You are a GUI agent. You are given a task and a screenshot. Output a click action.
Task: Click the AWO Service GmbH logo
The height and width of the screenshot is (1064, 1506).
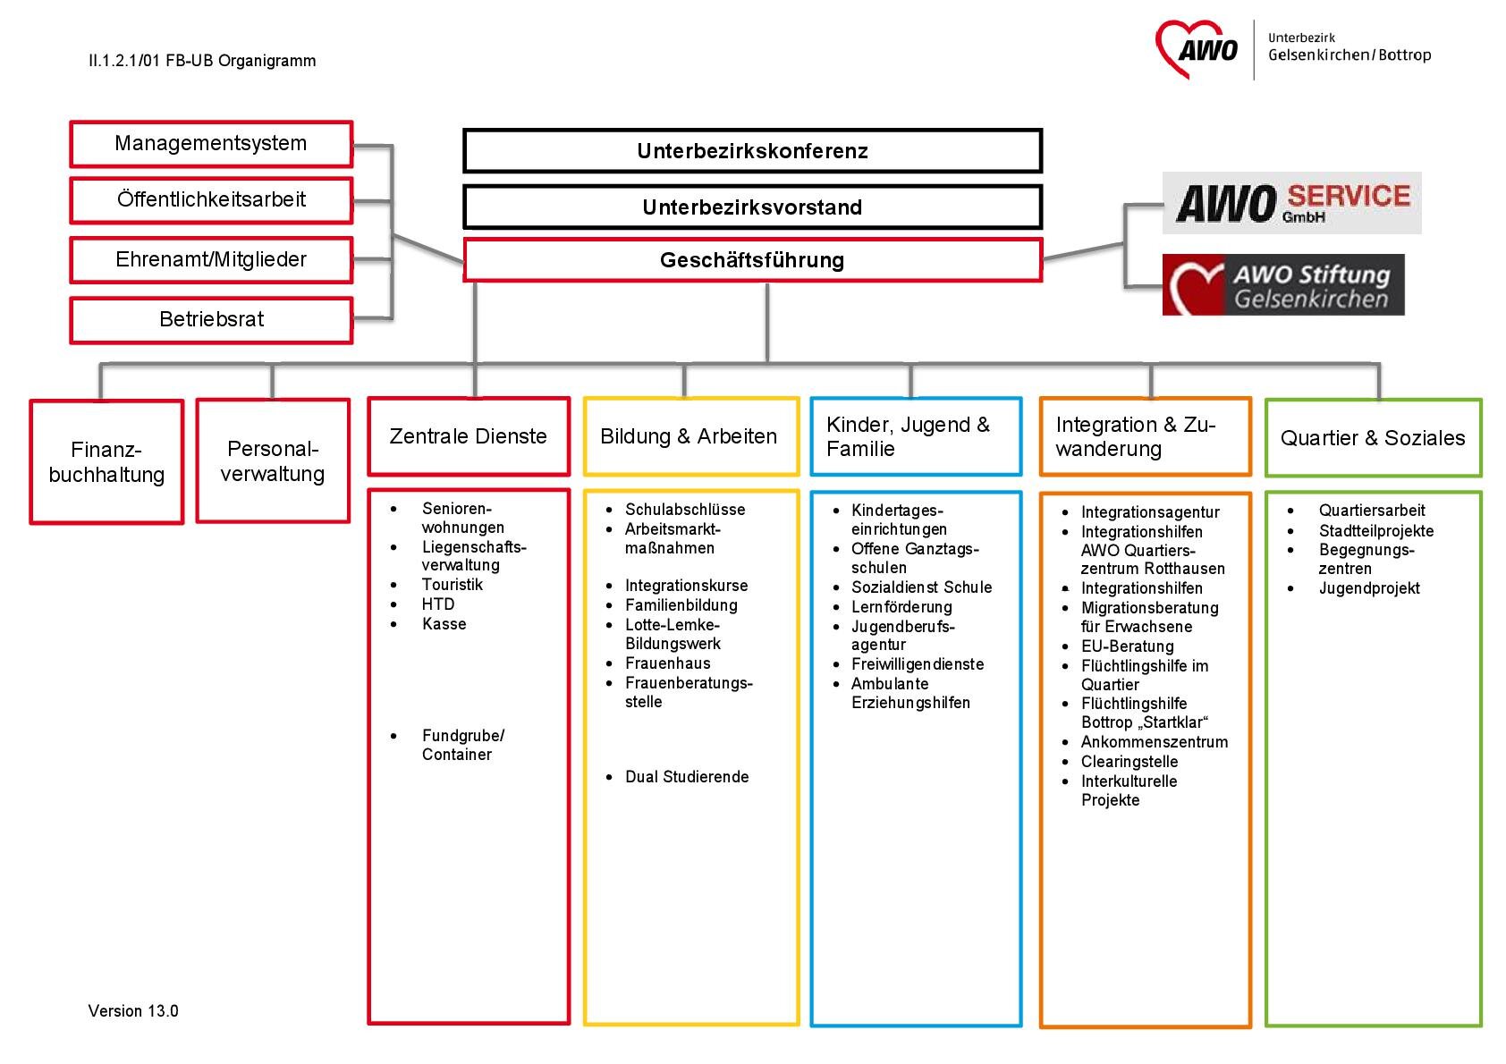click(1291, 203)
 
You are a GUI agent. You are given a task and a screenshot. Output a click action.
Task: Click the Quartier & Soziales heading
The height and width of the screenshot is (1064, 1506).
click(1372, 437)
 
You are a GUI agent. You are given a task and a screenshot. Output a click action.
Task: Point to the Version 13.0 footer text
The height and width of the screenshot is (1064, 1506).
click(133, 1011)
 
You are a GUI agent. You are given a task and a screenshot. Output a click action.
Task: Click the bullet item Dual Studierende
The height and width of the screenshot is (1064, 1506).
click(687, 776)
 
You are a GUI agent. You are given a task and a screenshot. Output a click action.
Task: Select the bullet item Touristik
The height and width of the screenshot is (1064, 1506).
click(452, 584)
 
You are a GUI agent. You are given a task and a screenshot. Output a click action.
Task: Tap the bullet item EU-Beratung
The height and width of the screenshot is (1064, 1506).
click(1128, 646)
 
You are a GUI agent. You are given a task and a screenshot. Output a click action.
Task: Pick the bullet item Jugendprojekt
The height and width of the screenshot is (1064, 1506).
click(1369, 588)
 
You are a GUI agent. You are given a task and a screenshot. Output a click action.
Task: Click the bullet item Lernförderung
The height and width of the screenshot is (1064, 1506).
click(901, 607)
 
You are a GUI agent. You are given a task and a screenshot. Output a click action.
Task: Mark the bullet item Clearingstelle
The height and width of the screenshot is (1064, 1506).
click(1129, 762)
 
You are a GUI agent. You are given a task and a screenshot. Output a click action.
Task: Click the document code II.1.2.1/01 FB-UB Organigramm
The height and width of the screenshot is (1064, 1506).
click(202, 61)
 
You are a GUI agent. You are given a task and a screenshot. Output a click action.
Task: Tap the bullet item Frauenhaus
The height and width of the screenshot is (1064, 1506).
click(668, 663)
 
